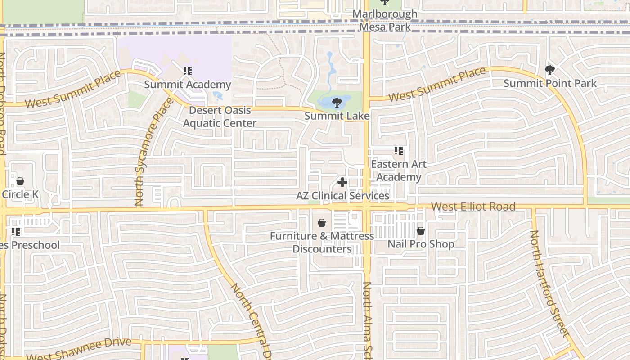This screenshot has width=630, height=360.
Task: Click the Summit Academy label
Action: (x=188, y=85)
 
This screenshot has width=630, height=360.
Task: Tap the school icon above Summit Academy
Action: (x=188, y=71)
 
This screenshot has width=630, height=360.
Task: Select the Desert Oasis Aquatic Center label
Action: (x=220, y=117)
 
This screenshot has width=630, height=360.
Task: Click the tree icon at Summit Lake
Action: (x=337, y=103)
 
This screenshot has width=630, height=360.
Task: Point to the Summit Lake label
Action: (x=337, y=116)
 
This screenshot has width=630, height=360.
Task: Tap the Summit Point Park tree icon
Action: (x=549, y=70)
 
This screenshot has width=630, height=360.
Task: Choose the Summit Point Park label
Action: (x=550, y=83)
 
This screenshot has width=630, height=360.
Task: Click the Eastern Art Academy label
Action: (x=398, y=171)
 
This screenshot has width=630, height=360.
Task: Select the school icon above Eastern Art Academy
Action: (x=398, y=151)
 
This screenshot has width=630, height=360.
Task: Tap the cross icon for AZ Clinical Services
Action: (x=342, y=182)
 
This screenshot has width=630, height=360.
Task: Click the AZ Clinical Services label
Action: (x=342, y=196)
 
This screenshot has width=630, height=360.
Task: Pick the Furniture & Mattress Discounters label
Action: (x=322, y=243)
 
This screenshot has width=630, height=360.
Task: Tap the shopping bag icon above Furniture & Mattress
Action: (x=322, y=223)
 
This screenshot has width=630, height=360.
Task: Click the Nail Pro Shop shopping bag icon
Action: (x=420, y=231)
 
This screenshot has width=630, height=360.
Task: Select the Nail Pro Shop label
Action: (x=421, y=244)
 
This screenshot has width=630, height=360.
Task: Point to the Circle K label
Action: (x=20, y=194)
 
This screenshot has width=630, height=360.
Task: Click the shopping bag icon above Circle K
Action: (x=20, y=181)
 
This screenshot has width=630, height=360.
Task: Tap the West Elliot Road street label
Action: (x=473, y=207)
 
